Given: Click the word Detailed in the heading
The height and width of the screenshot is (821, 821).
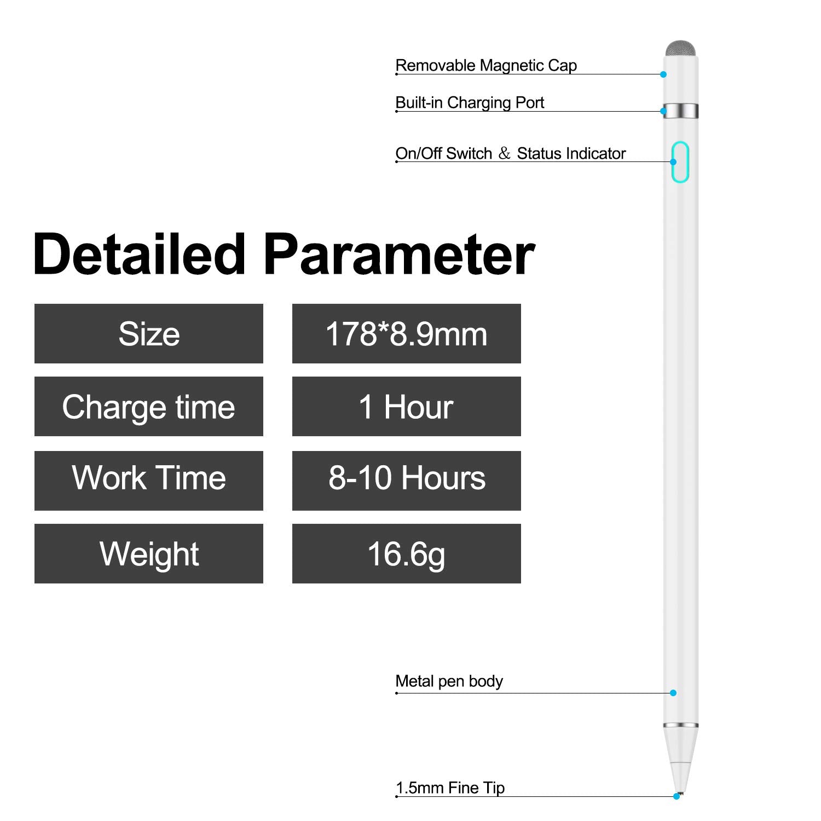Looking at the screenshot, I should pos(139,254).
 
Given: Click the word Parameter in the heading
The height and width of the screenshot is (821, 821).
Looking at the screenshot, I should pos(399,255).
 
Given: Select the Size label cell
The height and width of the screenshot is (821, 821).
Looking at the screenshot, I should pos(148,334).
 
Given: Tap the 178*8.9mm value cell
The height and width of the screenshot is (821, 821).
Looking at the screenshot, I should pos(406,334).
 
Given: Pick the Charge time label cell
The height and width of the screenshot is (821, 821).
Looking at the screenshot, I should pos(148,407).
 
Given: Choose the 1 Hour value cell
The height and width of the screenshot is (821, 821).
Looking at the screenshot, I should pos(406,407).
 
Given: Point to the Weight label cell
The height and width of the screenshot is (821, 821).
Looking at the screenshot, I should pos(148,553).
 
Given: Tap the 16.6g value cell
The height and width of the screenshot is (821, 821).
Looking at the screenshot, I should pos(406,553).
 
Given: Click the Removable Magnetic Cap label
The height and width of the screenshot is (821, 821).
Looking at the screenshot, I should pos(486,66).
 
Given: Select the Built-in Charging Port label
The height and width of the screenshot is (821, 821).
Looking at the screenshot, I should pos(470,103).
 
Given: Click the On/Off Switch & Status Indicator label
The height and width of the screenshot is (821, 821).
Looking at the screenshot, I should pos(510,154).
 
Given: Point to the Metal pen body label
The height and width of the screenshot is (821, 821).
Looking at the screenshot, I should pos(449,681).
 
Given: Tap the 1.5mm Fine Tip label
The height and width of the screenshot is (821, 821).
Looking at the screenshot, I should pos(450,788).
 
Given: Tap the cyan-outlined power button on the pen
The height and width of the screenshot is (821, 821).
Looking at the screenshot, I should pos(680,162).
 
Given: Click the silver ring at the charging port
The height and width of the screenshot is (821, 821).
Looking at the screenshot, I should pos(681,111).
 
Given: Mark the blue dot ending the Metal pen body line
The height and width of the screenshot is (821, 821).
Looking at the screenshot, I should pos(673,693).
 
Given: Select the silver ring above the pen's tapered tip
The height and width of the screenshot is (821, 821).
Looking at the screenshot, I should pos(681,726).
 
